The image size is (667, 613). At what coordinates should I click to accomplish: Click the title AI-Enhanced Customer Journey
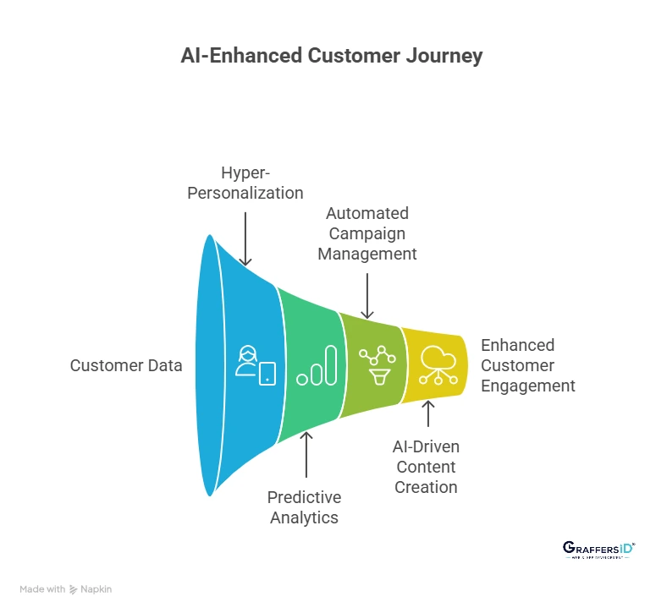point(332,56)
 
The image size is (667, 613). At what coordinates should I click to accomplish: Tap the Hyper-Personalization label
point(262,183)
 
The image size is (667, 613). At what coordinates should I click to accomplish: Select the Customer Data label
point(126,365)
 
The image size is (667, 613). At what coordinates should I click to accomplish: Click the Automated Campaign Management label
point(367,233)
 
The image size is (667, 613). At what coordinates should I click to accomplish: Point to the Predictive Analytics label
point(305,506)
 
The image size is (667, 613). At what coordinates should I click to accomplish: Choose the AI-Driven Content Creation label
point(426,467)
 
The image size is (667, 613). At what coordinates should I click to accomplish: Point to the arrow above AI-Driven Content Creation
point(428,415)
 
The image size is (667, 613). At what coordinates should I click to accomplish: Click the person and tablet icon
point(256,365)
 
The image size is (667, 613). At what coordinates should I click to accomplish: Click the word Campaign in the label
point(367,233)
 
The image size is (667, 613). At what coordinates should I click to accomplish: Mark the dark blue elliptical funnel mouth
point(210,365)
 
